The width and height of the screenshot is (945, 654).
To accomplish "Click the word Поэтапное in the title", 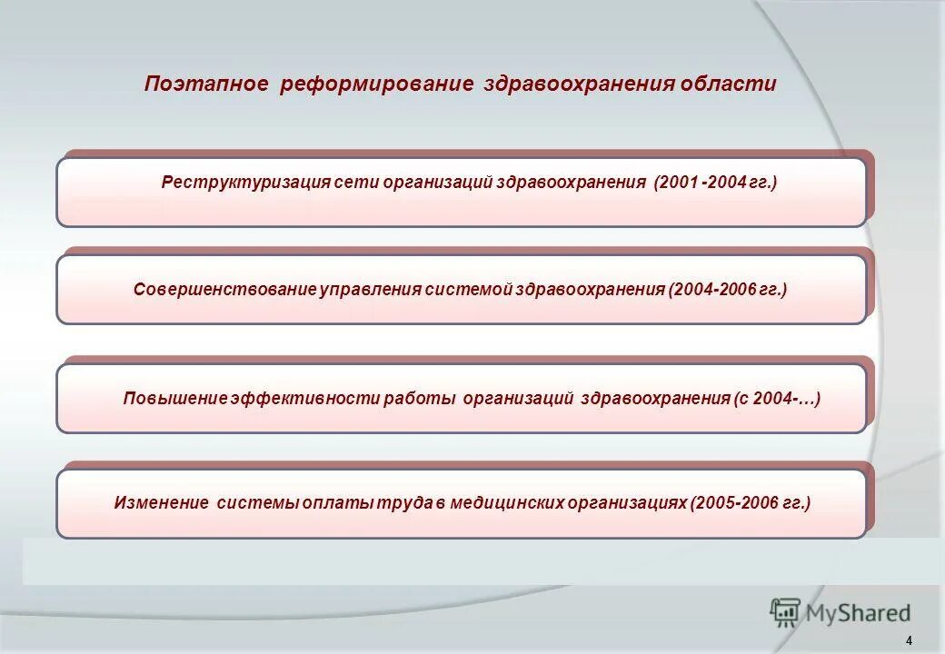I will [206, 84].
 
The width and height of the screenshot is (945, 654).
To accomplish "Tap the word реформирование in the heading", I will [377, 84].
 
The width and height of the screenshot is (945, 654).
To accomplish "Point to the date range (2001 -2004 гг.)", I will [714, 183].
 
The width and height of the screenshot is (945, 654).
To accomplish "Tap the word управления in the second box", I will [371, 290].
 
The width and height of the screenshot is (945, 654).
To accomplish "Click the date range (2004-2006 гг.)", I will [727, 290].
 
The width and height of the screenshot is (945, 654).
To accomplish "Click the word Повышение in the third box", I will [174, 398].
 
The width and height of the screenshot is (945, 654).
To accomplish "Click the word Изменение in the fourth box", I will [160, 502].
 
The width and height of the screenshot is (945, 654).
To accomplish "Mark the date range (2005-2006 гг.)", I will [751, 502].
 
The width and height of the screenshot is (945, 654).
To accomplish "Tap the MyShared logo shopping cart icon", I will [785, 612].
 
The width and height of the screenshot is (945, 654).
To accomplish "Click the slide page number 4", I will [909, 639].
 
